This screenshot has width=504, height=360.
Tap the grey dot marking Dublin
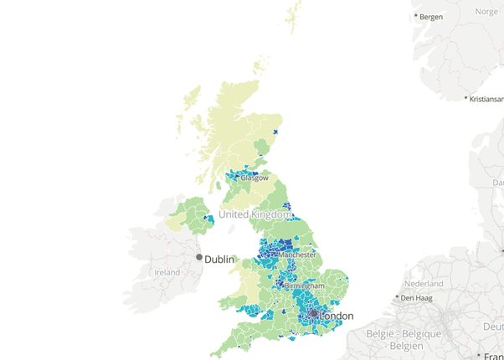tap(199, 258)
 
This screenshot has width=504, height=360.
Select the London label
tap(336, 316)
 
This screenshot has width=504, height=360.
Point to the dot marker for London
tap(314, 313)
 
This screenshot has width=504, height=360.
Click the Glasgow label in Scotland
tap(255, 178)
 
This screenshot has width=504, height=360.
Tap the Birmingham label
tap(305, 286)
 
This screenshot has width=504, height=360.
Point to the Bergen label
tap(431, 17)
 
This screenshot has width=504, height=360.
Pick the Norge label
tap(486, 12)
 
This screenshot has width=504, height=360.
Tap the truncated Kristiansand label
tap(487, 99)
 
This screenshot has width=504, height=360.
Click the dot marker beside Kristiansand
tap(466, 99)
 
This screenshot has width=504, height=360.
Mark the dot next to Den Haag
tap(398, 297)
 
